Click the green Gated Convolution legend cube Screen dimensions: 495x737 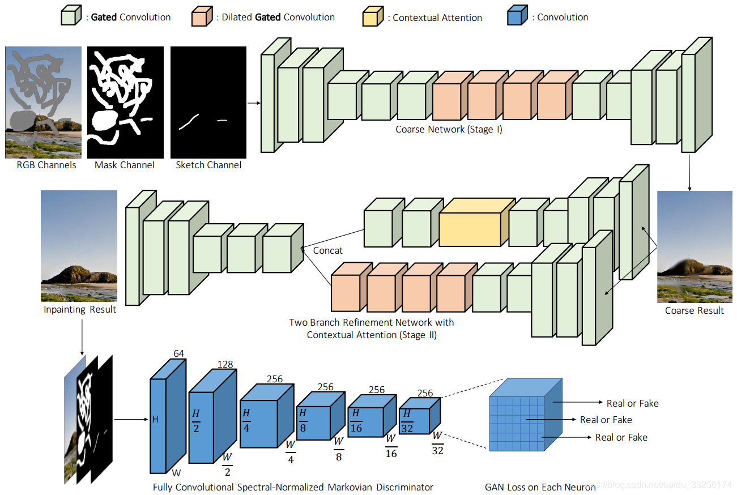tap(68, 17)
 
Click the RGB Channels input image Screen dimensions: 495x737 tap(43, 102)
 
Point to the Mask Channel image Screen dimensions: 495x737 tap(125, 102)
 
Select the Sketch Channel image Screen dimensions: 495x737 tap(208, 102)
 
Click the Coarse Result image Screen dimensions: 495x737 tap(695, 247)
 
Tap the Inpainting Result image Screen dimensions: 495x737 tap(79, 246)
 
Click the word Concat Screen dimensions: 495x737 tap(328, 250)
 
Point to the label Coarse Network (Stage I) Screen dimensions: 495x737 tap(449, 129)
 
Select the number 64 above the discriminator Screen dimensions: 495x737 tap(178, 353)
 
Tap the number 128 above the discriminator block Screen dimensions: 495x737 tap(225, 364)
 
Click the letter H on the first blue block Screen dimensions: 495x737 tap(155, 419)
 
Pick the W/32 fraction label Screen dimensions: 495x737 tap(437, 443)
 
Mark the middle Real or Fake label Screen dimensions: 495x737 tap(606, 420)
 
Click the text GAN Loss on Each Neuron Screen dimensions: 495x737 tap(540, 487)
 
